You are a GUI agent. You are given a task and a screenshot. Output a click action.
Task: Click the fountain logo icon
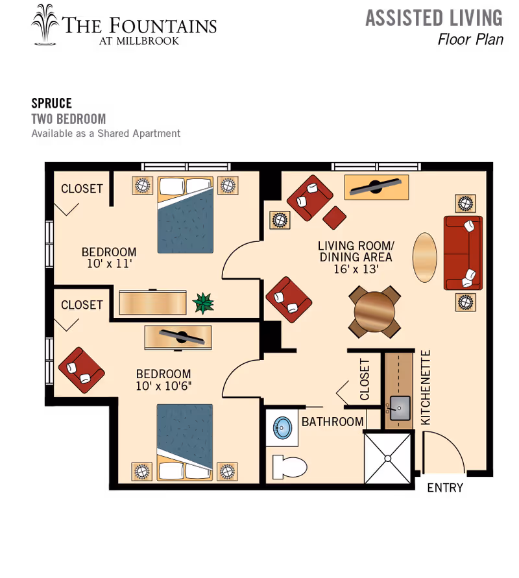coord(45,25)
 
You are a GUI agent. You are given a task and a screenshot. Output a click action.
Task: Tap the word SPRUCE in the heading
coord(52,103)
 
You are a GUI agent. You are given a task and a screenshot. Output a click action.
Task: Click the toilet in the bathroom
coord(289,466)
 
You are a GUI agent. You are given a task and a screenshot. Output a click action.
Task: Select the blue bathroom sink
coord(283,427)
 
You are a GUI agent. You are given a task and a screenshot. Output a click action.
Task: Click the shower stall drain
coord(387,458)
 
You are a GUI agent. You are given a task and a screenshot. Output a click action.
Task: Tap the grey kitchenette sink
coord(400,408)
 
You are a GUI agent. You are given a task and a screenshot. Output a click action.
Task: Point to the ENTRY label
coord(445,488)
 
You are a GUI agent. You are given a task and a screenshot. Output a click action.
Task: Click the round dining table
coord(374,312)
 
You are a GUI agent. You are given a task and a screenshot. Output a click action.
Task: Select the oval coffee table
coord(425,258)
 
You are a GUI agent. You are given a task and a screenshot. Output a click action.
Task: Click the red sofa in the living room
coord(463,253)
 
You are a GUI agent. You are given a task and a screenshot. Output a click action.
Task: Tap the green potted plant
coord(203,303)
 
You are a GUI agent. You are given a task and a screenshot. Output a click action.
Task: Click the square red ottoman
coord(334,217)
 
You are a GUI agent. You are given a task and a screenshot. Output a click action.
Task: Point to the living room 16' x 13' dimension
coord(356,269)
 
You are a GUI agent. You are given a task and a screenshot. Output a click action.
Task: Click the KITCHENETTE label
coord(426,387)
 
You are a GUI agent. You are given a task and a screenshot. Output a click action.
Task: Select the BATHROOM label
coord(332,422)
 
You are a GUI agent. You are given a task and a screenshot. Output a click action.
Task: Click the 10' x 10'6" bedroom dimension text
coord(163,386)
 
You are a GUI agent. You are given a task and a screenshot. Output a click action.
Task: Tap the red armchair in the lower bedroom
coord(82,370)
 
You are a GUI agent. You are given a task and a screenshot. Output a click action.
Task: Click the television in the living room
coord(376,187)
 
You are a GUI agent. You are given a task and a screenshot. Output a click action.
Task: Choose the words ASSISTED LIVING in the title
coord(434,18)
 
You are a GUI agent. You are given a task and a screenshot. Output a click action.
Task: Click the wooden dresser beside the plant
coord(152,303)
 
